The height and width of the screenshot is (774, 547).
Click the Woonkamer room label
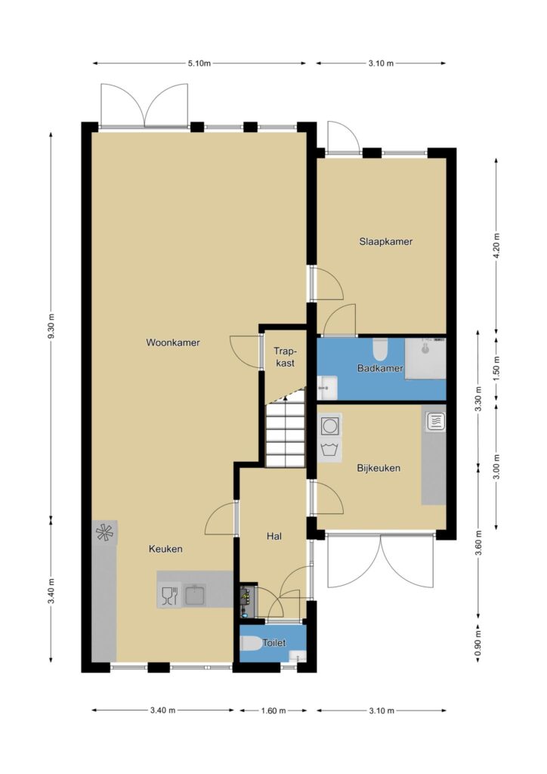(172, 342)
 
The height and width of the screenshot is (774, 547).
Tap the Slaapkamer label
(386, 241)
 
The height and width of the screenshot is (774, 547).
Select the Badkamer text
(380, 368)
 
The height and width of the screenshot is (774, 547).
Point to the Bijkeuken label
(379, 468)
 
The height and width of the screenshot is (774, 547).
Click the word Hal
(273, 536)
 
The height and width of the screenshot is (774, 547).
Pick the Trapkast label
(285, 357)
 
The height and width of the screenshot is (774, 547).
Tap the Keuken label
(165, 549)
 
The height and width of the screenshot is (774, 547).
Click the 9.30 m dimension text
(51, 327)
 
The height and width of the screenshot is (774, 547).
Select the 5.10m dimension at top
(199, 63)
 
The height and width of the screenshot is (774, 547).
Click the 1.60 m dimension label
(273, 711)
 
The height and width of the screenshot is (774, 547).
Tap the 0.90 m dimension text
(477, 644)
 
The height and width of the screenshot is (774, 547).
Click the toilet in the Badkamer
(380, 349)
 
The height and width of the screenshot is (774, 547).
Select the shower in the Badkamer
(425, 358)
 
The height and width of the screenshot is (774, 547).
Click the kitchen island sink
(196, 595)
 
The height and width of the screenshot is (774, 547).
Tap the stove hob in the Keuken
(104, 532)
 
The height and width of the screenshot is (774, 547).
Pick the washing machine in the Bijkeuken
(329, 426)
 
